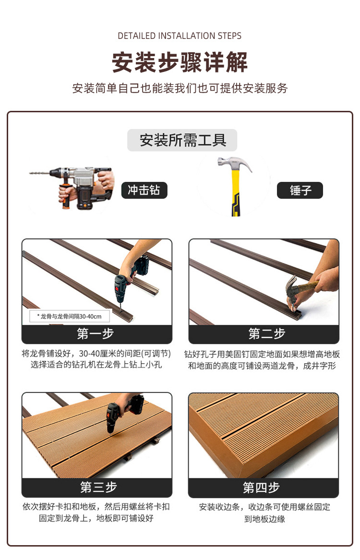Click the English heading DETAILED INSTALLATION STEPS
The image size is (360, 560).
[180, 36]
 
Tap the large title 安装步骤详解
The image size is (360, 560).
[180, 62]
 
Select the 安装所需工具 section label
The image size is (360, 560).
[182, 140]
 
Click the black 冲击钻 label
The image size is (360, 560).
[144, 190]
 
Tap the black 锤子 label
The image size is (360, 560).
[300, 190]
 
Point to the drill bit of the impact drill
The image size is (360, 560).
[40, 173]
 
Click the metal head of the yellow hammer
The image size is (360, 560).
[234, 164]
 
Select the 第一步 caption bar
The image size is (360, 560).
[97, 334]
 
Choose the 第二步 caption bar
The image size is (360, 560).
[264, 334]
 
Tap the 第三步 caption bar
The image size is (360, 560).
[97, 487]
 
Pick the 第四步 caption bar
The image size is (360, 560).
[264, 487]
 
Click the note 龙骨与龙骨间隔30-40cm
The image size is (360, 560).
[69, 316]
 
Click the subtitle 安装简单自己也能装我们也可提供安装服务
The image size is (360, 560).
[180, 88]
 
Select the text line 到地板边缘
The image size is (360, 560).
[264, 519]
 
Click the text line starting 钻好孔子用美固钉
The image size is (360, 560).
[262, 354]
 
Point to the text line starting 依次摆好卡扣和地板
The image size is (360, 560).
[96, 507]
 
